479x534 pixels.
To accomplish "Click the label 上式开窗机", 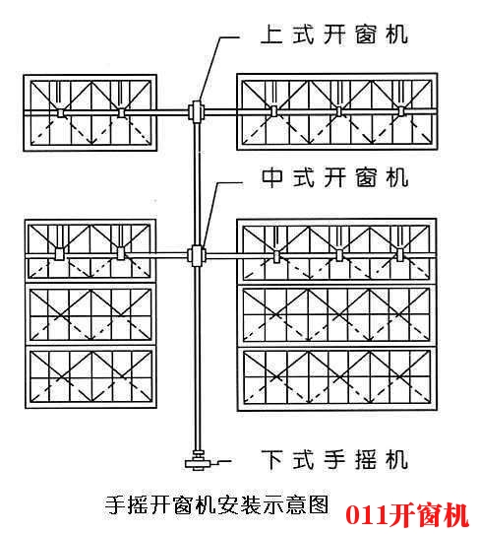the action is click(x=334, y=34).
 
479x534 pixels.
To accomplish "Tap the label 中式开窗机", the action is click(x=334, y=177).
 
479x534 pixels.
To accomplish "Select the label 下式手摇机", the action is click(x=334, y=460).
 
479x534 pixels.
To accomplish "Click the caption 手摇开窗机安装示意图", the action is click(x=216, y=504).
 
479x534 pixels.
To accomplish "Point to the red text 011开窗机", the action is click(x=407, y=515).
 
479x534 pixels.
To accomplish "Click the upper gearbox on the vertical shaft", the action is click(x=196, y=111).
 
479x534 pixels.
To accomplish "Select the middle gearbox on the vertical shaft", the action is click(x=197, y=255).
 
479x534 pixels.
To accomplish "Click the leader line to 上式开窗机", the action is click(x=217, y=66).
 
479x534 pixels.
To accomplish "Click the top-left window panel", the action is click(x=90, y=112).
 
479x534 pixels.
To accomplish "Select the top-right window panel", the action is click(x=337, y=111).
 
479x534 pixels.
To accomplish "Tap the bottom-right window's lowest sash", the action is click(x=337, y=378).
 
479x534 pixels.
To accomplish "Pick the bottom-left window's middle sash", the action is click(x=90, y=314).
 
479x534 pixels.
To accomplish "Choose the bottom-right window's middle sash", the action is click(x=337, y=315).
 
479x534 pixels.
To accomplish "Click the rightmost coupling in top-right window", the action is click(x=401, y=111).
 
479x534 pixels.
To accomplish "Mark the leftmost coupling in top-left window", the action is click(x=61, y=113).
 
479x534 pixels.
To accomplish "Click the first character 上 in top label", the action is click(x=271, y=34).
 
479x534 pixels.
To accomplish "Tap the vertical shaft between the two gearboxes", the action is click(x=197, y=183).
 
